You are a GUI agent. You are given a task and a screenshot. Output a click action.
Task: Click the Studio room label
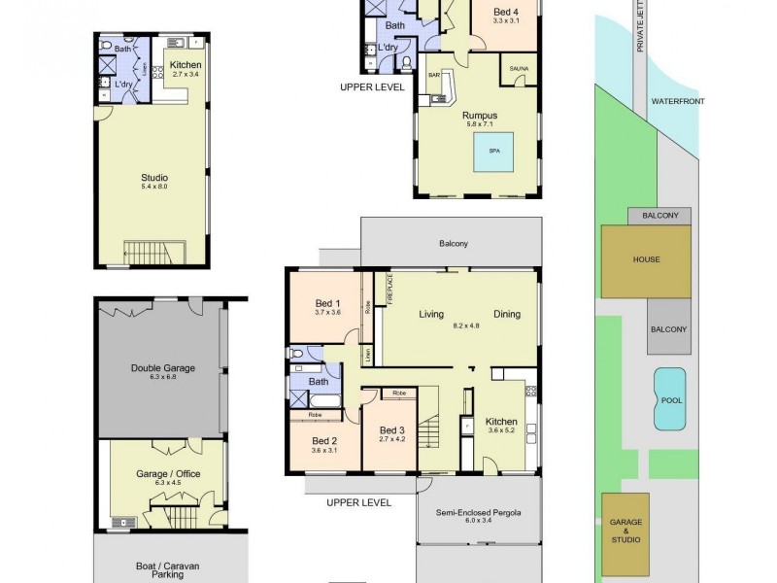point(154,178)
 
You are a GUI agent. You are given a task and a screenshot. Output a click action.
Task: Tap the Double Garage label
point(162,368)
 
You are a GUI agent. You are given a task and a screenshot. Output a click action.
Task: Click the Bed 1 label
point(328,303)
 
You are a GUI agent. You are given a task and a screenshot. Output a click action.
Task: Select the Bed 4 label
point(506,11)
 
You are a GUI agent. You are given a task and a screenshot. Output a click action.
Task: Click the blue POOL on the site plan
point(669,399)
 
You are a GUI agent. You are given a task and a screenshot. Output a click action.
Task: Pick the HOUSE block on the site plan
point(646,259)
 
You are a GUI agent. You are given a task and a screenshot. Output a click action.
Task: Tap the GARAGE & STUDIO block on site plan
point(625,534)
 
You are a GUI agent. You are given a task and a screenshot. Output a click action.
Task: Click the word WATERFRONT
point(677,101)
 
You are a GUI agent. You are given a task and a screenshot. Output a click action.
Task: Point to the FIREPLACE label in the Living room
point(388,291)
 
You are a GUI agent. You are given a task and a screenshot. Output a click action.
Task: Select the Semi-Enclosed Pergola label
point(479,513)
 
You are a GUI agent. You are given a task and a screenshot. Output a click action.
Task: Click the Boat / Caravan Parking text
point(162,566)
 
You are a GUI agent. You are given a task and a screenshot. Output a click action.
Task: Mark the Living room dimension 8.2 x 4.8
point(466,326)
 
